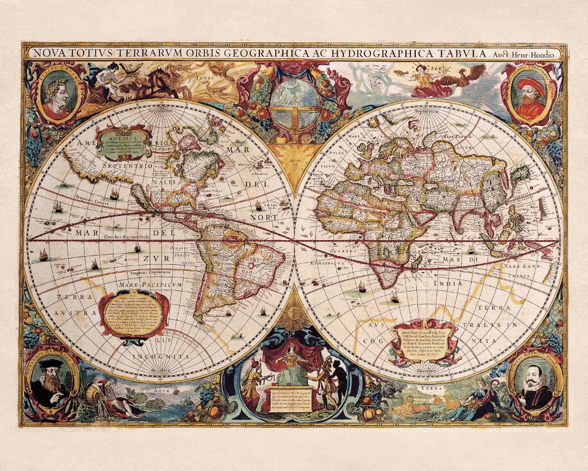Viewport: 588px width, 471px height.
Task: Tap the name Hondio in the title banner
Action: tap(544, 53)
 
